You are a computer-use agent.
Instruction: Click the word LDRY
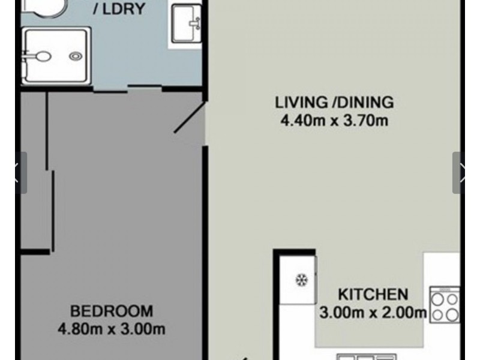pyautogui.click(x=124, y=10)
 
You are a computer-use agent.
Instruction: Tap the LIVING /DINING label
pyautogui.click(x=334, y=102)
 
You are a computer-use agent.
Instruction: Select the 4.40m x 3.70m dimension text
pyautogui.click(x=334, y=121)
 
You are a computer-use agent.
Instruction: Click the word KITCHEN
pyautogui.click(x=373, y=295)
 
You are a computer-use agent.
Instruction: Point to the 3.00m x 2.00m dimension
pyautogui.click(x=373, y=313)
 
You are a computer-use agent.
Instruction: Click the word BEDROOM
pyautogui.click(x=112, y=311)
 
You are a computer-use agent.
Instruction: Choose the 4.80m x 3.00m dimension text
pyautogui.click(x=112, y=329)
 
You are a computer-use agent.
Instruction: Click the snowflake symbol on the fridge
pyautogui.click(x=300, y=280)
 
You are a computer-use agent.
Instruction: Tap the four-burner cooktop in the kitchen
pyautogui.click(x=445, y=305)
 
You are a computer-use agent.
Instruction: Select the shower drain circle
pyautogui.click(x=75, y=56)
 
